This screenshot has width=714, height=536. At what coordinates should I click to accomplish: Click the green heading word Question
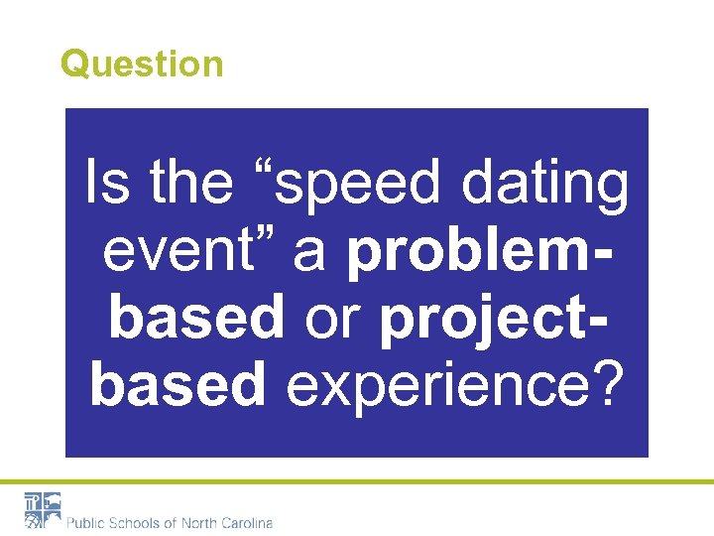[x=142, y=65]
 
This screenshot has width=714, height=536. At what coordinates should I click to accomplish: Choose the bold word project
[x=486, y=320]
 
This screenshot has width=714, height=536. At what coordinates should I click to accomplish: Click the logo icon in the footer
[x=43, y=510]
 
